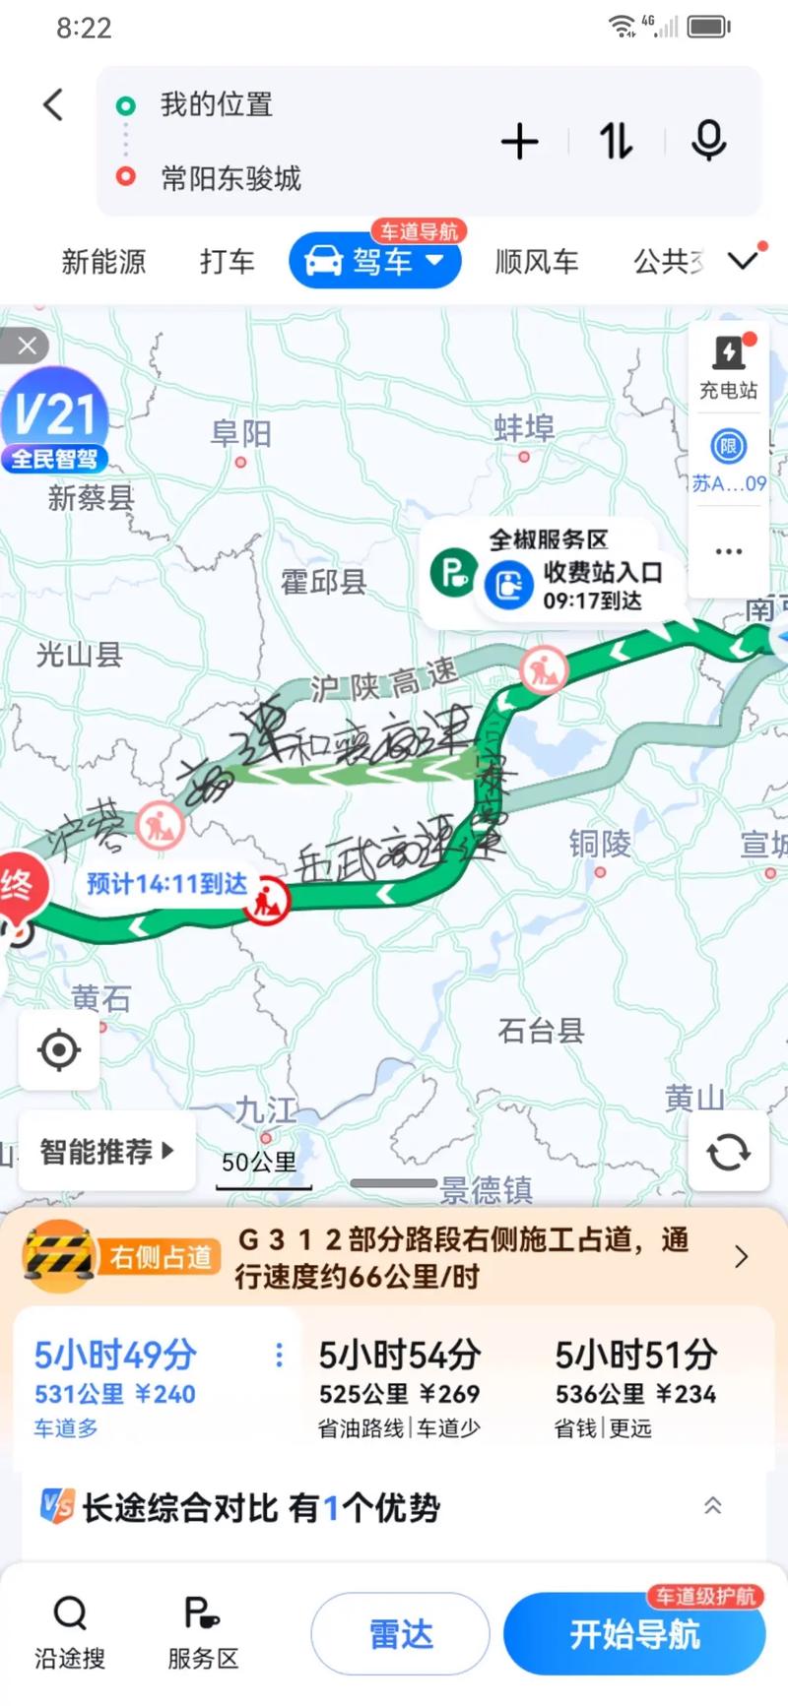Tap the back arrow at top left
[x=54, y=104]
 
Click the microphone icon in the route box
[x=708, y=142]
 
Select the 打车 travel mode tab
[x=227, y=262]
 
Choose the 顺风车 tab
[x=536, y=262]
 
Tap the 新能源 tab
[x=103, y=262]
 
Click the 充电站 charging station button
[x=729, y=365]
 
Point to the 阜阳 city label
[x=240, y=433]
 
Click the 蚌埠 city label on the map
[x=524, y=428]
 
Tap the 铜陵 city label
[x=600, y=844]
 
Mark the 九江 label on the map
[x=266, y=1110]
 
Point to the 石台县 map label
[x=541, y=1031]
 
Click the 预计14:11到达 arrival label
[x=166, y=883]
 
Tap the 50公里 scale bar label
[x=259, y=1163]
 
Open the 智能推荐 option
[x=106, y=1151]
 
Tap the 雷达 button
[x=400, y=1634]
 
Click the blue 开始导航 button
[x=634, y=1634]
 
